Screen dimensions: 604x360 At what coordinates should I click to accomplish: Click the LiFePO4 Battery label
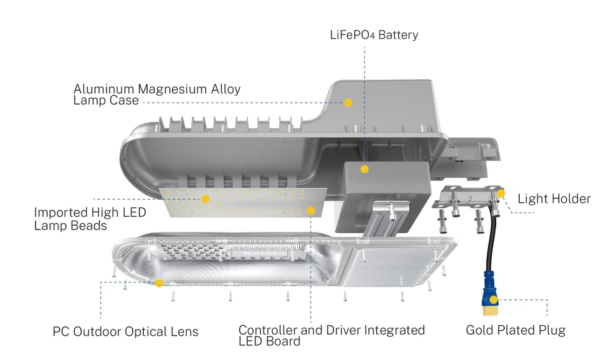pyautogui.click(x=374, y=35)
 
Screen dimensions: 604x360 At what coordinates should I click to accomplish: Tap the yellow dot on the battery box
pyautogui.click(x=364, y=169)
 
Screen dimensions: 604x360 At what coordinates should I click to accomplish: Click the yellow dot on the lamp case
pyautogui.click(x=348, y=103)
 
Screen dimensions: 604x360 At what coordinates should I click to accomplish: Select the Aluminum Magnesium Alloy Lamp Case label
pyautogui.click(x=157, y=94)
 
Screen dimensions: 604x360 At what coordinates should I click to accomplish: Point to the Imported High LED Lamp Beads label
pyautogui.click(x=90, y=219)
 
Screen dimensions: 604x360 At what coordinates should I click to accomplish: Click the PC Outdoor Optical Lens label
pyautogui.click(x=125, y=332)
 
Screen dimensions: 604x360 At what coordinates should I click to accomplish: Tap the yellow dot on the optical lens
pyautogui.click(x=159, y=283)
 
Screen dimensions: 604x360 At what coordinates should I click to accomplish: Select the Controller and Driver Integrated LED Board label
pyautogui.click(x=331, y=335)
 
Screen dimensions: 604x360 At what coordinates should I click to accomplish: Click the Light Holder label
pyautogui.click(x=554, y=199)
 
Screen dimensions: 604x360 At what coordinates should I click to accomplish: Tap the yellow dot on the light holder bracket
pyautogui.click(x=501, y=193)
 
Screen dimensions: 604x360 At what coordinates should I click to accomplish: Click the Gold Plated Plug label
pyautogui.click(x=515, y=330)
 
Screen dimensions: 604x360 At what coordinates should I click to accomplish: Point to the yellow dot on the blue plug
pyautogui.click(x=494, y=300)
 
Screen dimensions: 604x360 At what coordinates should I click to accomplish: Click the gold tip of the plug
pyautogui.click(x=491, y=311)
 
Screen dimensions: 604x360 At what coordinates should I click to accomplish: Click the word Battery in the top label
pyautogui.click(x=398, y=35)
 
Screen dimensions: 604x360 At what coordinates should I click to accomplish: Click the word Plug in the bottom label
pyautogui.click(x=551, y=330)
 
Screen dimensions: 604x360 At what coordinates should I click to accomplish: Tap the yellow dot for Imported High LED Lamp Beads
pyautogui.click(x=205, y=199)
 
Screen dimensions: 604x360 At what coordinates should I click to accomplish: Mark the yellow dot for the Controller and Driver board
pyautogui.click(x=311, y=210)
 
